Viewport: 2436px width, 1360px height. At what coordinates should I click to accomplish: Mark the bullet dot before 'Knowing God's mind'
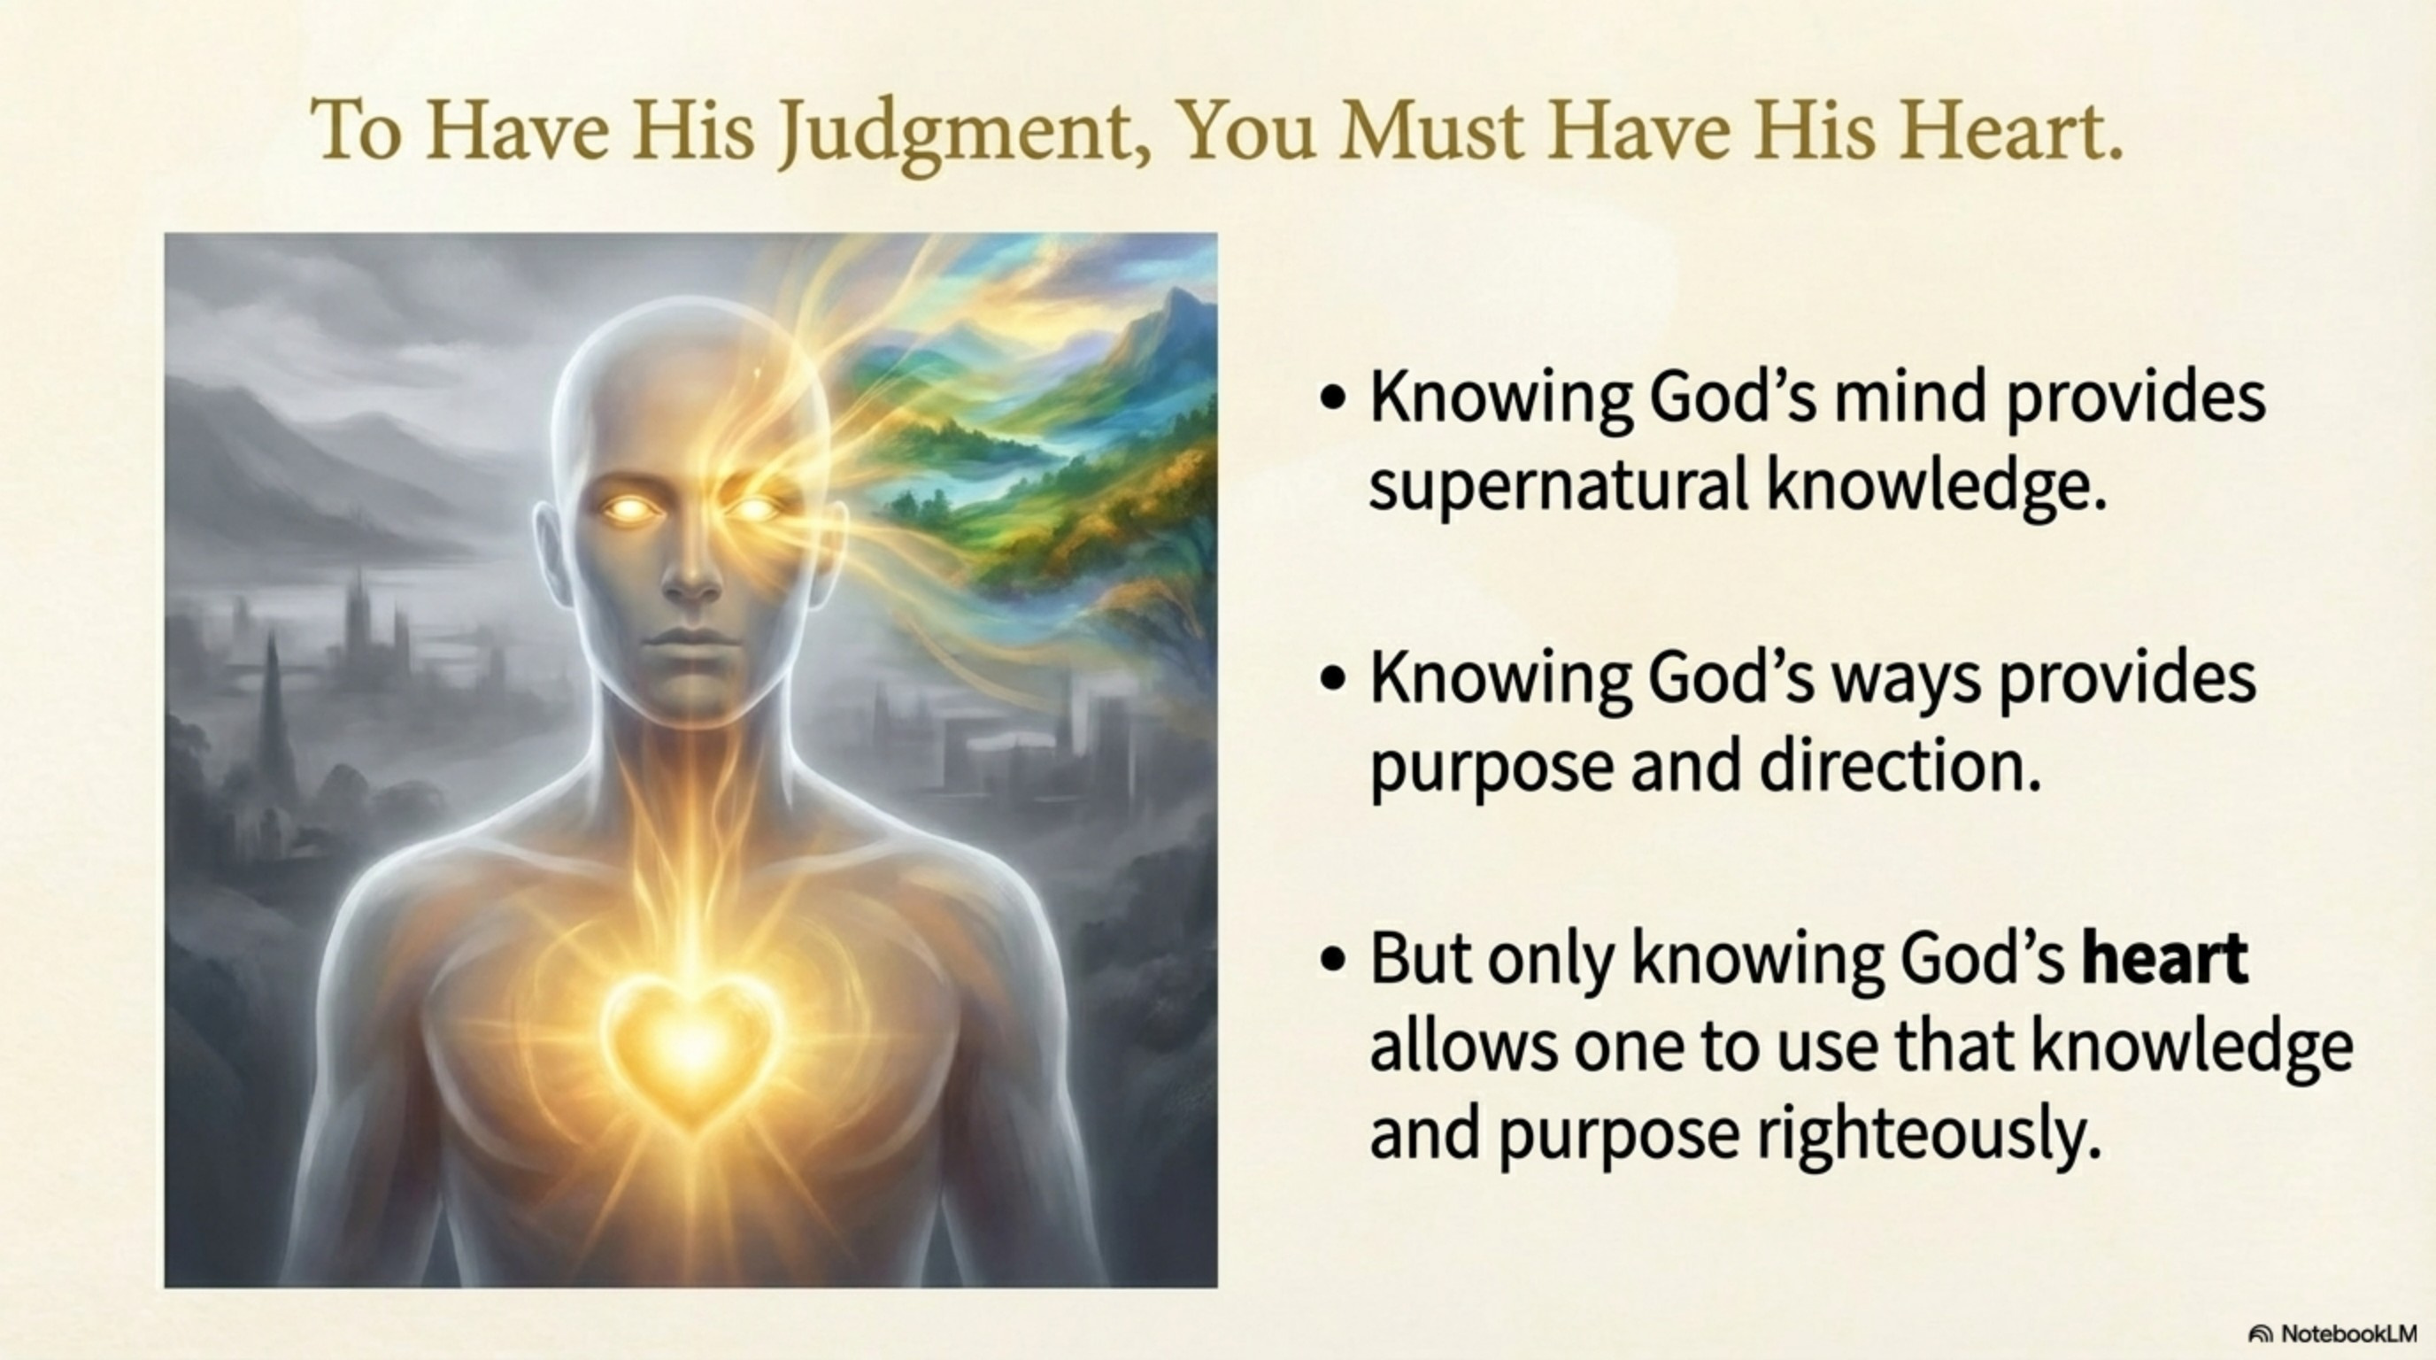pyautogui.click(x=1332, y=398)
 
